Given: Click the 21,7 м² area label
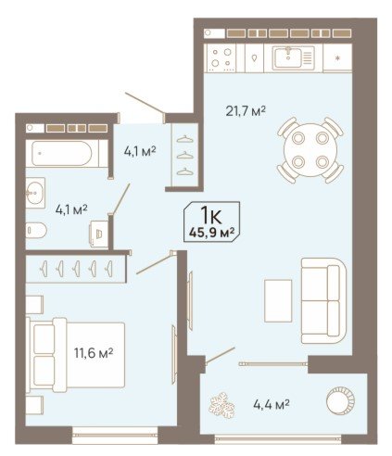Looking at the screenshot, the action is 246,111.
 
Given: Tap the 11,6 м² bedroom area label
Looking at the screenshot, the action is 94,352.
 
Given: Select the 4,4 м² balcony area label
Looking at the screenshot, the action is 272,404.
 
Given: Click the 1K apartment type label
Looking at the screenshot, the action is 211,215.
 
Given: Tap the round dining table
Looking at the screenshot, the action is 310,149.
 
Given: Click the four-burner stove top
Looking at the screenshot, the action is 221,57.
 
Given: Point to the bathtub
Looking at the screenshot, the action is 63,154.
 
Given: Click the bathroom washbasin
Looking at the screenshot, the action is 34,193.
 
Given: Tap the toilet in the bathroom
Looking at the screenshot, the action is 36,231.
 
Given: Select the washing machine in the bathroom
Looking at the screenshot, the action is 99,234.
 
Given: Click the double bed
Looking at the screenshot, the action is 76,355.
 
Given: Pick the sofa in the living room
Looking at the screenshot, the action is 323,300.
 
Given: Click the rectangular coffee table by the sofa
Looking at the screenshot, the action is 278,300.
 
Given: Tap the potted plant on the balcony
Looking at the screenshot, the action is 221,405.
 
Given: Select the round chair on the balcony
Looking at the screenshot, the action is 340,401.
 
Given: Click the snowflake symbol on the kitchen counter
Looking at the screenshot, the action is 337,57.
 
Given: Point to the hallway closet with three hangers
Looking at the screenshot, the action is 185,155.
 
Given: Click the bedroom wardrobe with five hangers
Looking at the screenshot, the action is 76,269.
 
